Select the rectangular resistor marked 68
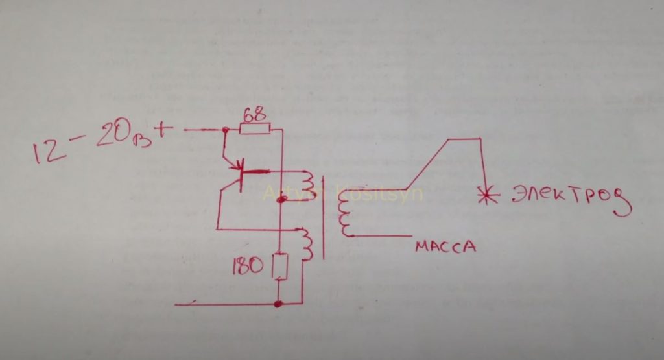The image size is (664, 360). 255,129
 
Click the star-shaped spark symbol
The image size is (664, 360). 484,195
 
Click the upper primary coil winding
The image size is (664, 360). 307,185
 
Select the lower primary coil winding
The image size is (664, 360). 307,244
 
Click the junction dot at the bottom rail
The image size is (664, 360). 279,303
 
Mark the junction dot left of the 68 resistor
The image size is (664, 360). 224,130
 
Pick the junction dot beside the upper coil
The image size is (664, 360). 280,200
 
